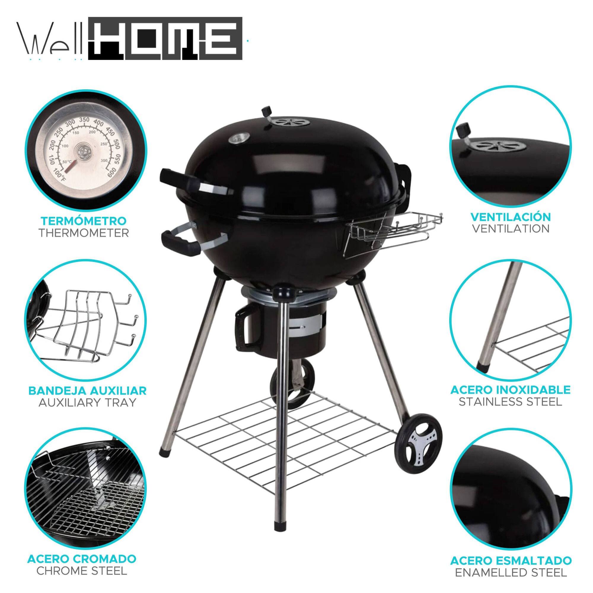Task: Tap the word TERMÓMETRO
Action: tap(84, 220)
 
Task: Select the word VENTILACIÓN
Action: tap(511, 217)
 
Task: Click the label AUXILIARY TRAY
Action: tap(87, 402)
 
